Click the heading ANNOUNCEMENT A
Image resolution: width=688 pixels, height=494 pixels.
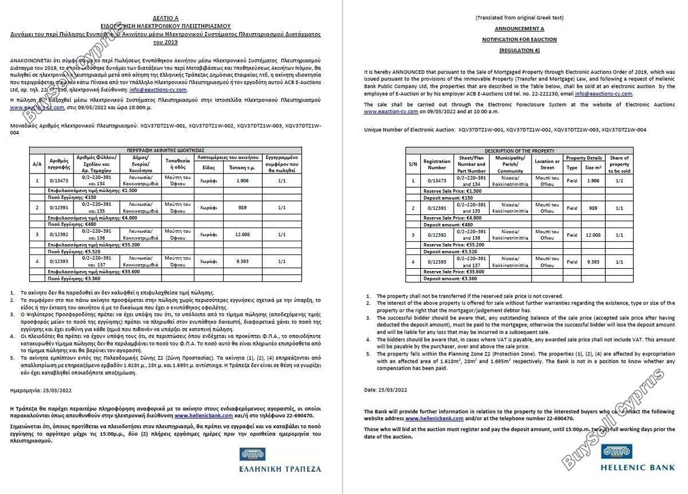pyautogui.click(x=519, y=28)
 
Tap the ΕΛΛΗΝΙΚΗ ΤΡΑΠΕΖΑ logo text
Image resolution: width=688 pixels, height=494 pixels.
pyautogui.click(x=280, y=468)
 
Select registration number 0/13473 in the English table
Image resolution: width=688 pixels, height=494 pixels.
pyautogui.click(x=436, y=181)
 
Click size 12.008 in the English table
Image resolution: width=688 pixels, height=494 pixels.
pyautogui.click(x=592, y=235)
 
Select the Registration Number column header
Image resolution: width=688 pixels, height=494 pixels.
pyautogui.click(x=436, y=164)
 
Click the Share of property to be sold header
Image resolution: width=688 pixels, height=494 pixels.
pyautogui.click(x=619, y=164)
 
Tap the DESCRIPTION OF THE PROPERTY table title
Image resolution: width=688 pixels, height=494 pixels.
pyautogui.click(x=519, y=151)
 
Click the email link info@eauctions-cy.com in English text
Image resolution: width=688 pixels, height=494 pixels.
pyautogui.click(x=604, y=93)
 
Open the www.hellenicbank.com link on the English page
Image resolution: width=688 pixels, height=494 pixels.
pyautogui.click(x=434, y=419)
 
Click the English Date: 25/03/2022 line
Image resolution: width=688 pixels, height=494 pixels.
pyautogui.click(x=385, y=390)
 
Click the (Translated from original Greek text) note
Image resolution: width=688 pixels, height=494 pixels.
pyautogui.click(x=519, y=18)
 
